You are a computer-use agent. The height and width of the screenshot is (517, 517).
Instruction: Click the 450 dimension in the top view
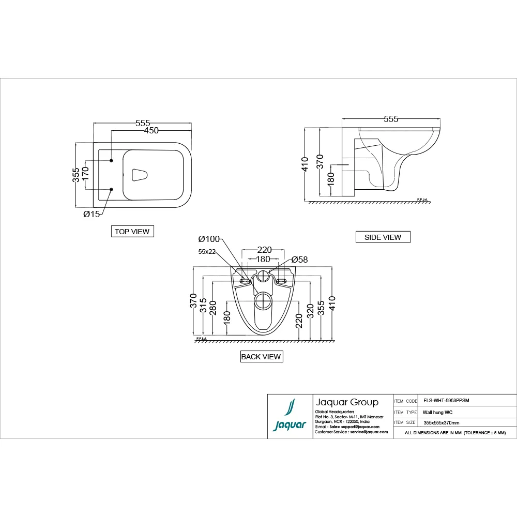coord(151,130)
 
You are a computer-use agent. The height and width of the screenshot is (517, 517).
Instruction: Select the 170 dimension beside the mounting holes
coord(86,175)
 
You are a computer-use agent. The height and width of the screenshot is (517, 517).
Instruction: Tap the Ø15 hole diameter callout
coord(92,214)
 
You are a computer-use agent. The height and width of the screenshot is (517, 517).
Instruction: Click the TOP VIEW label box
coord(132,232)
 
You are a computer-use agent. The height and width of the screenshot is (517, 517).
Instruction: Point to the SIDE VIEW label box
coord(383,237)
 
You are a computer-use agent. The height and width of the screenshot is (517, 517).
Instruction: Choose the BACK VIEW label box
coord(261,357)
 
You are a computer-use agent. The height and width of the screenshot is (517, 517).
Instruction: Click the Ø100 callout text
coord(209,239)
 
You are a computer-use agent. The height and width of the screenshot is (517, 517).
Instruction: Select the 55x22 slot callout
coord(207,252)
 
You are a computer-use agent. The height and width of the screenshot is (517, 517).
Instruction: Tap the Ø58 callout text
coord(299,260)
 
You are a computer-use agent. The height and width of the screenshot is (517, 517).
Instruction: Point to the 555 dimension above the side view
coord(391,119)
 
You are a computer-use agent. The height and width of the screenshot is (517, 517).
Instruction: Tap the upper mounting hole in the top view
coord(111,161)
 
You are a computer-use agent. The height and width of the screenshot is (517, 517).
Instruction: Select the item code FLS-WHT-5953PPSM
coord(446,401)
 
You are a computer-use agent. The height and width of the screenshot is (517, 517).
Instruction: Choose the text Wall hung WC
coord(438,413)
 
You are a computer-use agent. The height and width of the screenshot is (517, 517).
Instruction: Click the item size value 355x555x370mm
coord(441,423)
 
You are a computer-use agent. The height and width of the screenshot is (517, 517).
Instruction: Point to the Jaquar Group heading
coord(346,402)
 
